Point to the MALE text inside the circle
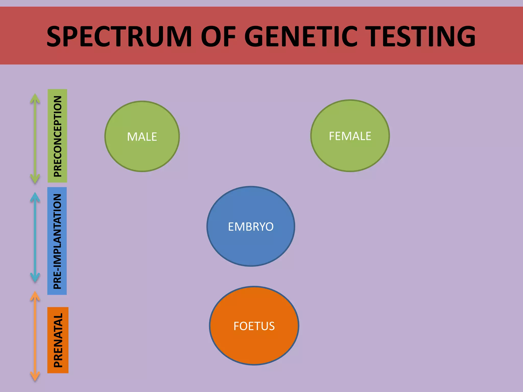(x=142, y=137)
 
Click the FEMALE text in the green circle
(x=350, y=136)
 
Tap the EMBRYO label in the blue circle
(x=251, y=227)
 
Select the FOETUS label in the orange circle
(x=254, y=326)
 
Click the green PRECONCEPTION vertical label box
(x=57, y=136)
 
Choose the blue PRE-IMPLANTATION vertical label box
(x=57, y=241)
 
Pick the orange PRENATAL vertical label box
(x=58, y=340)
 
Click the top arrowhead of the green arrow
(x=35, y=98)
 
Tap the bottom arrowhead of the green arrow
(x=35, y=179)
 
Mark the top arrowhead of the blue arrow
(x=35, y=197)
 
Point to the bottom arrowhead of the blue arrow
(x=35, y=278)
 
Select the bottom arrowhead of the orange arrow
(x=35, y=376)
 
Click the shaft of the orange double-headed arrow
(x=35, y=337)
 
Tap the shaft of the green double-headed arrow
(x=35, y=138)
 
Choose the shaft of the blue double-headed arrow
(x=35, y=237)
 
